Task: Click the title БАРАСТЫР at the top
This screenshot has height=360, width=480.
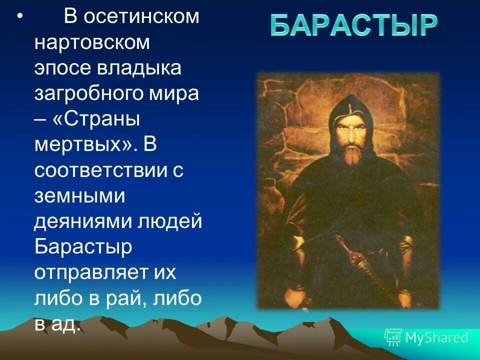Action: (x=353, y=25)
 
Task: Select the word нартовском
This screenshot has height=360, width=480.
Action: (x=92, y=43)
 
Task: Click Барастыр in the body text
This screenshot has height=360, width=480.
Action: (x=83, y=247)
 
